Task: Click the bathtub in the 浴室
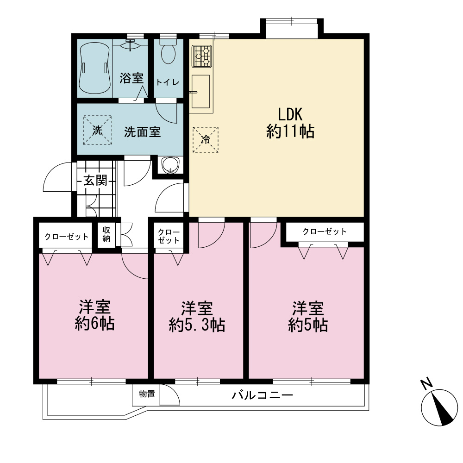pos(94,68)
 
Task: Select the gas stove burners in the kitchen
pos(202,56)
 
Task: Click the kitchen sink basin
pos(201,92)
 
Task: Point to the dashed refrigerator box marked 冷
pos(206,140)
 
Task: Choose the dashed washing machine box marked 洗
pos(97,130)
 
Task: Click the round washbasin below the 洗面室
pos(170,165)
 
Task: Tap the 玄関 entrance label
pos(95,180)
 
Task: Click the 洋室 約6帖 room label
pos(94,315)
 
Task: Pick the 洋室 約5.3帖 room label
pos(197,317)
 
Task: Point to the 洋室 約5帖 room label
pos(308,317)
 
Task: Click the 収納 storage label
pos(106,234)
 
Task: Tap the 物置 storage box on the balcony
pos(146,394)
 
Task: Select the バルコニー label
pos(262,395)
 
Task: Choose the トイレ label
pos(168,82)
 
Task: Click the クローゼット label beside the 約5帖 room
pos(325,231)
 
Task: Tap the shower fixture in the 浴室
pos(130,44)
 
